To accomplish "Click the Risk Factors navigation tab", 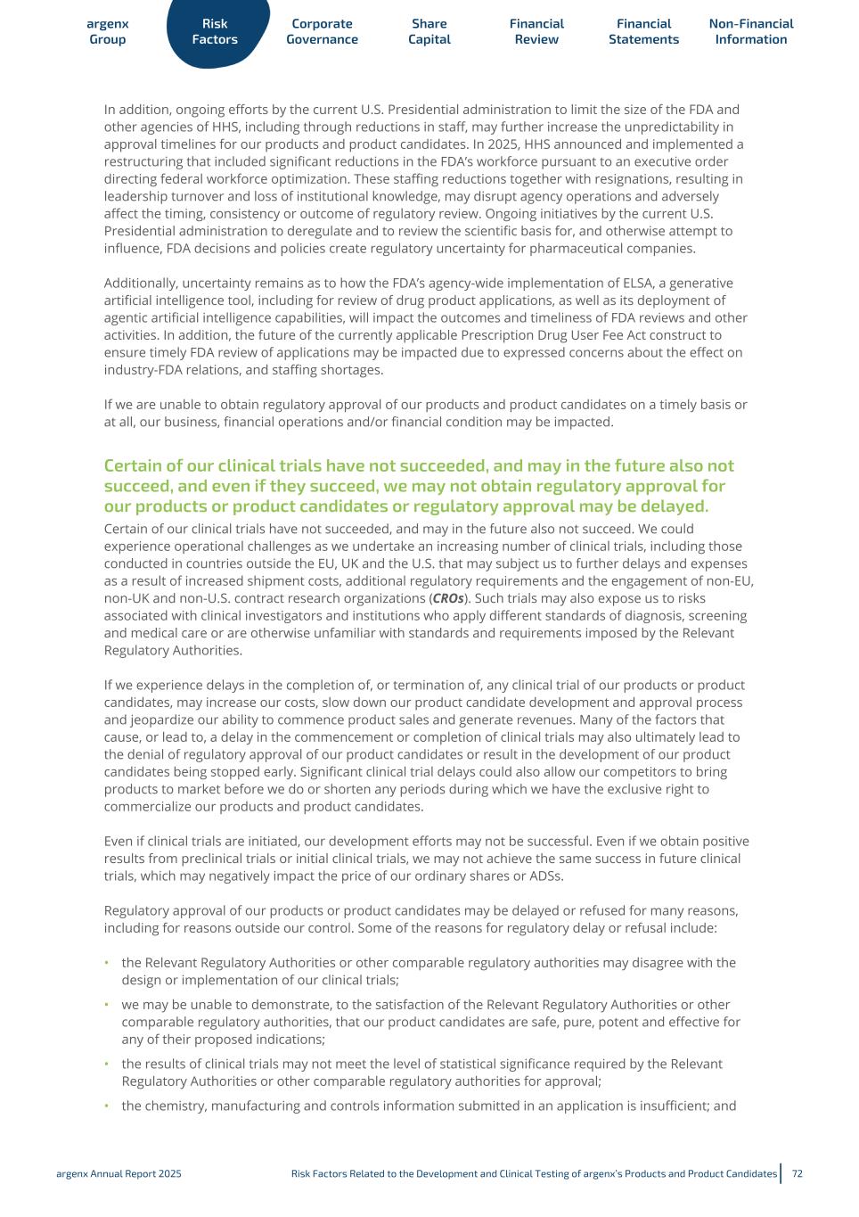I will click(215, 32).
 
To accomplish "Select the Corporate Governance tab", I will click(322, 32).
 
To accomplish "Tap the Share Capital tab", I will click(429, 32).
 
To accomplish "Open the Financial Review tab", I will click(536, 32).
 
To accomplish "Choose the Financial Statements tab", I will click(643, 32).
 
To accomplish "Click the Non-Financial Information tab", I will click(751, 32).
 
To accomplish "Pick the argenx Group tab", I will click(108, 32).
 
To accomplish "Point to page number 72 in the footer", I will click(797, 1174).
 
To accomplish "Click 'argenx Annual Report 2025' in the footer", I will click(119, 1174).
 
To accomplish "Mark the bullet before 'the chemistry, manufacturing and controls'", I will click(107, 1106).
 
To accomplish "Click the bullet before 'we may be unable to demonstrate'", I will click(107, 1005).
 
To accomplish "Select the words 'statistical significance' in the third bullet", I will click(478, 1064).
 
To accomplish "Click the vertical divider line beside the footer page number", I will click(781, 1173).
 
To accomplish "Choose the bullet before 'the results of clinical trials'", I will click(107, 1064).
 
